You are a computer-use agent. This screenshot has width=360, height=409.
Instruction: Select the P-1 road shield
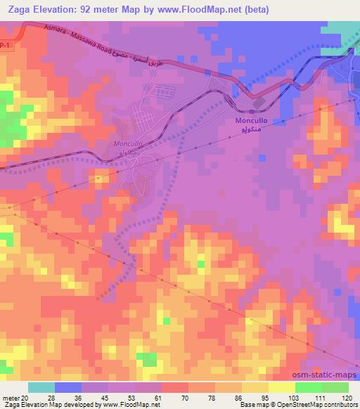pyautogui.click(x=6, y=46)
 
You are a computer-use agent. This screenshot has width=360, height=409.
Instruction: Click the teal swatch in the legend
pyautogui.click(x=41, y=387)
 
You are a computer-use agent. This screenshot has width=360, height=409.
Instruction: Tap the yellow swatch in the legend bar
pyautogui.click(x=281, y=387)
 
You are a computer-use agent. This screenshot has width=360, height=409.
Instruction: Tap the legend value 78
pyautogui.click(x=212, y=398)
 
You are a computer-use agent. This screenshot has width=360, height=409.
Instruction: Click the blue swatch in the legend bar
pyautogui.click(x=68, y=387)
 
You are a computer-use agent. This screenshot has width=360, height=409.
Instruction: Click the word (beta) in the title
pyautogui.click(x=259, y=9)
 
